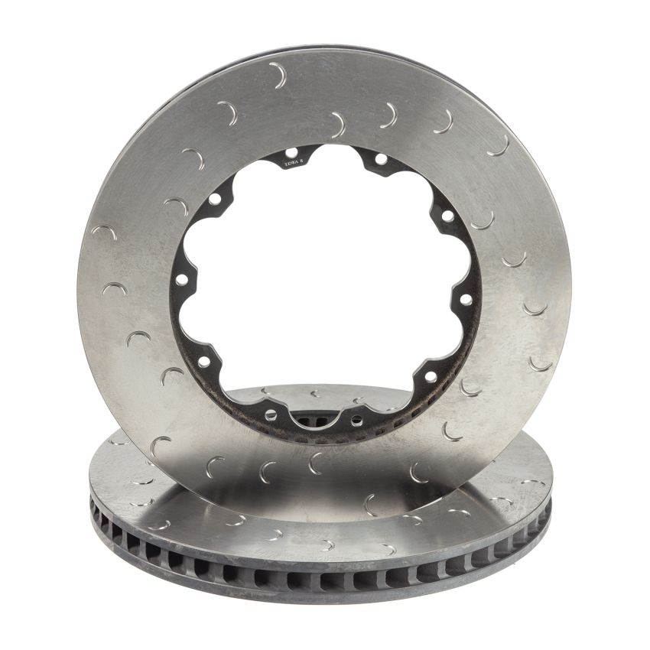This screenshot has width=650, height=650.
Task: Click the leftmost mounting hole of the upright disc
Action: pos(182,280)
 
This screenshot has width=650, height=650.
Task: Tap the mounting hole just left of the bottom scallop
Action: pos(270,414)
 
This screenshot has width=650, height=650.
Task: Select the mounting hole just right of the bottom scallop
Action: pos(356,419)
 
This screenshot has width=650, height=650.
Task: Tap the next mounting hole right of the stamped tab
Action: pos(380,159)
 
